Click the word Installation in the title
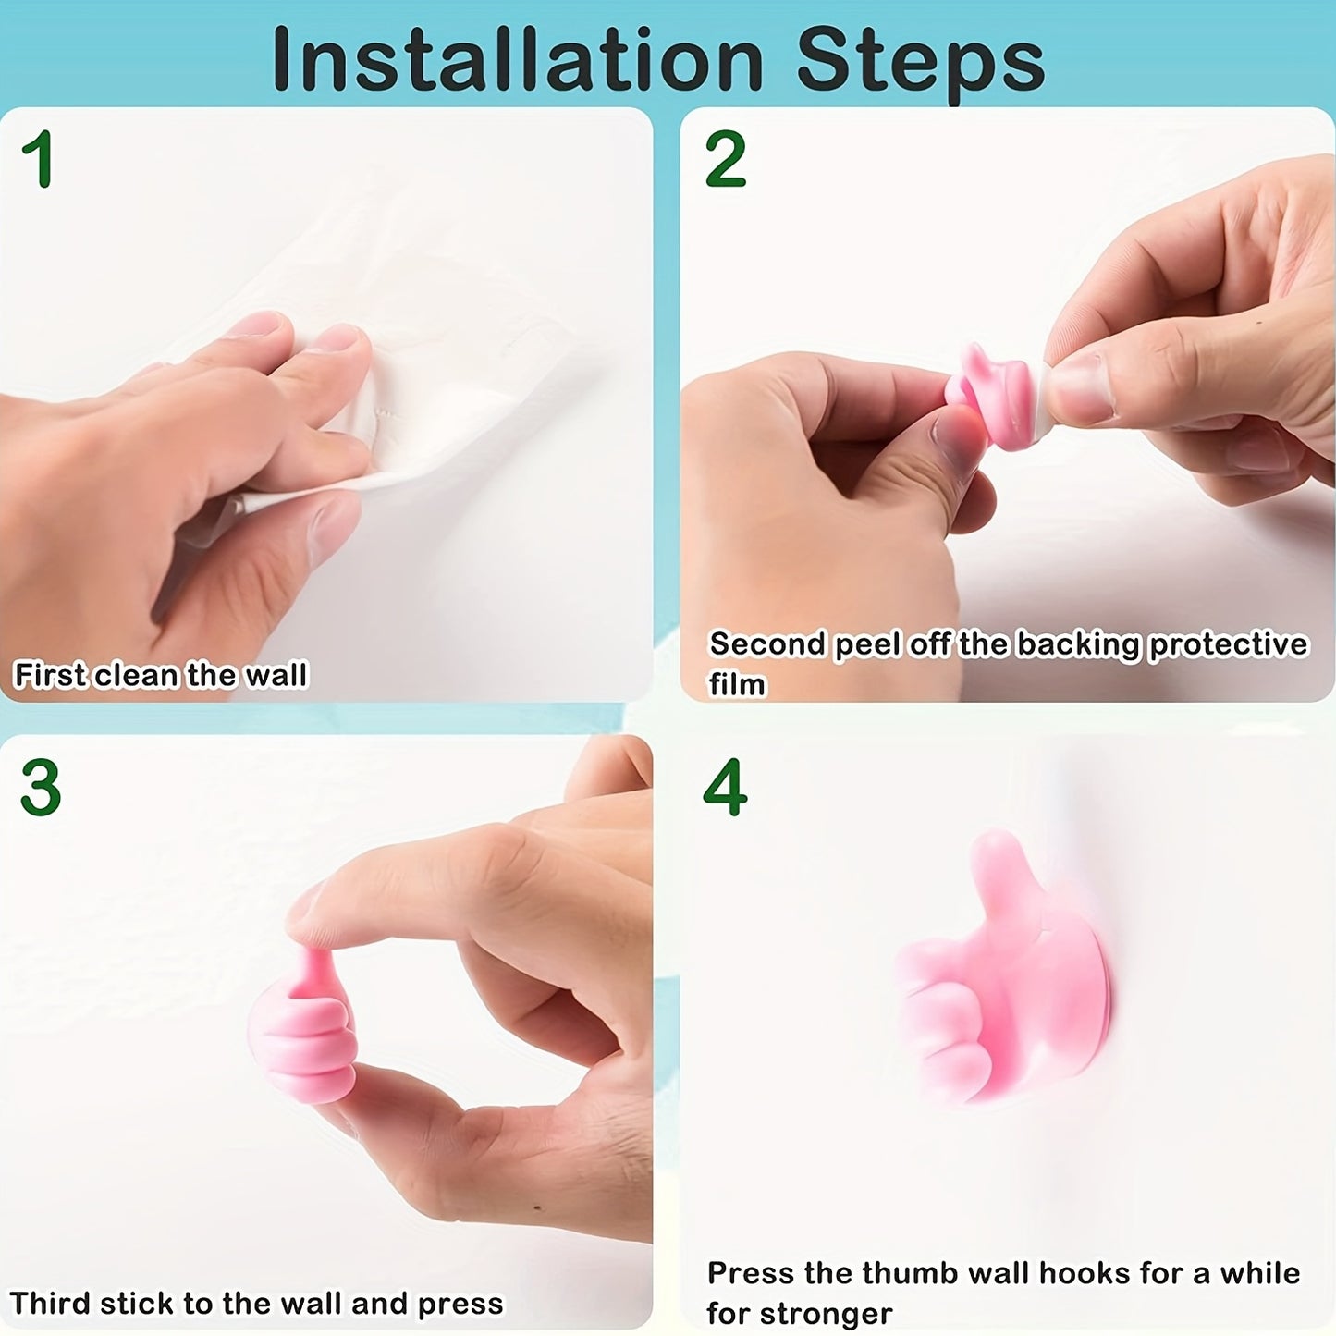[x=518, y=61]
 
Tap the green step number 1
[x=38, y=159]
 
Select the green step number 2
[x=725, y=159]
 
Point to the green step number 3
[x=41, y=788]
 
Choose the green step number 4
[x=725, y=788]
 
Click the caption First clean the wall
[x=160, y=675]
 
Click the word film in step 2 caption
[x=737, y=684]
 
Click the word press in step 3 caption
[x=460, y=1303]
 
